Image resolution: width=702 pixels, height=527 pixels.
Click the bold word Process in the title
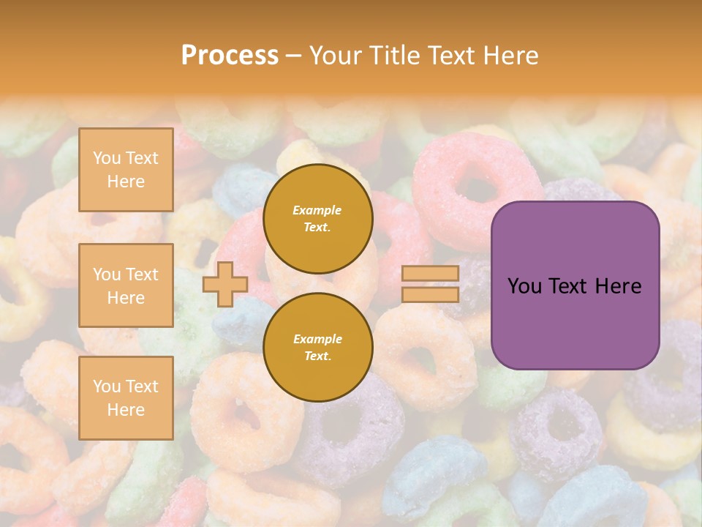click(x=230, y=56)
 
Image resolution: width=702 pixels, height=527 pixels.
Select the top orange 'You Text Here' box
click(x=126, y=170)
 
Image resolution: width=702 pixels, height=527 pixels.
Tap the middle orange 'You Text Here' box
click(x=126, y=285)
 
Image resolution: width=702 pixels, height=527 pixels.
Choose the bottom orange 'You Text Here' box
click(x=126, y=398)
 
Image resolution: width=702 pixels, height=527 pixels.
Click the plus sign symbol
click(x=225, y=284)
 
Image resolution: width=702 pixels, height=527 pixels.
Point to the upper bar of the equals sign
click(x=430, y=274)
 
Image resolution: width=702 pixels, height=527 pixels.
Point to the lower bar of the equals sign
click(x=430, y=295)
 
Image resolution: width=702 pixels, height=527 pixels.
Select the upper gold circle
click(x=317, y=219)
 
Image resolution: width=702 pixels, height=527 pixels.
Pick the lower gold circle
click(x=317, y=348)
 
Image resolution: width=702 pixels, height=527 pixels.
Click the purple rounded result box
click(x=575, y=285)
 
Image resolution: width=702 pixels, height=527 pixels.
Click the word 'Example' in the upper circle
click(x=317, y=210)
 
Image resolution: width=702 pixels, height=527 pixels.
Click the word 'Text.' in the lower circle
click(x=317, y=356)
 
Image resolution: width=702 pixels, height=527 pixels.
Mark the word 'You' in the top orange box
click(x=107, y=158)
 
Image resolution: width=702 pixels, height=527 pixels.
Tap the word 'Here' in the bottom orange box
click(x=126, y=410)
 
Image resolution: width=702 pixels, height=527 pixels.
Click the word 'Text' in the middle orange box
click(x=142, y=274)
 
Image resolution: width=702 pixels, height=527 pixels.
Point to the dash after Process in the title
click(x=294, y=56)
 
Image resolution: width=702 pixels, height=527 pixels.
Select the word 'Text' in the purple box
click(x=568, y=286)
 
